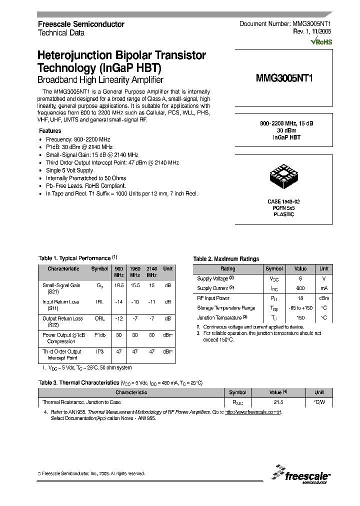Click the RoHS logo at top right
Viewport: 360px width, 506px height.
pos(321,42)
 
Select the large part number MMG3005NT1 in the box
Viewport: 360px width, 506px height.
pos(283,78)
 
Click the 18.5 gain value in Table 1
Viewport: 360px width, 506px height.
pos(118,285)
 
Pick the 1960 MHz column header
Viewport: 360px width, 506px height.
pos(135,271)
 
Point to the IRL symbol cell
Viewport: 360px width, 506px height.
pos(99,302)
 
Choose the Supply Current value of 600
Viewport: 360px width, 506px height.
pos(300,288)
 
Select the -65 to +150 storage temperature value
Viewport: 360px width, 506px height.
pos(300,308)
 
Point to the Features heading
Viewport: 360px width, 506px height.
pos(50,131)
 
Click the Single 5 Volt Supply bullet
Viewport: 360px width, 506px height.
pos(69,170)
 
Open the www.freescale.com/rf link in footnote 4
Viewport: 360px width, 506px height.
pos(253,412)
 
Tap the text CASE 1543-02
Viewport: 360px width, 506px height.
pos(283,201)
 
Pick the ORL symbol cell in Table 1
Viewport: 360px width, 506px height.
pos(99,318)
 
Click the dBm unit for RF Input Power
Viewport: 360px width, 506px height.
pos(324,298)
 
